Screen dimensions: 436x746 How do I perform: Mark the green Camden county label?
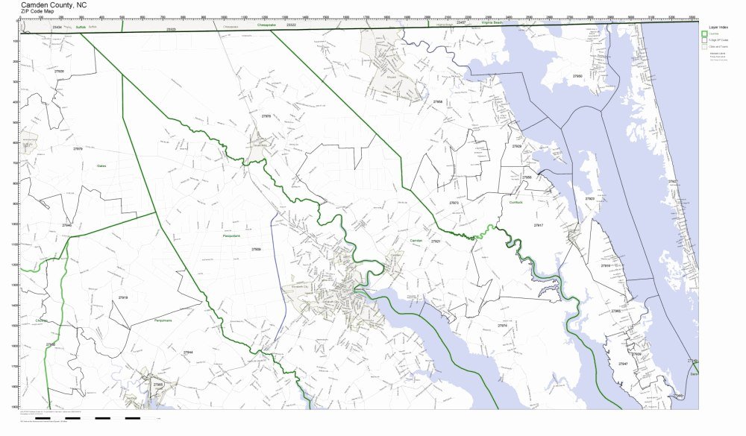coord(416,241)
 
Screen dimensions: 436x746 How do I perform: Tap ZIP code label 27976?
coord(266,116)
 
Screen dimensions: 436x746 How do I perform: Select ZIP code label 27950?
coord(577,76)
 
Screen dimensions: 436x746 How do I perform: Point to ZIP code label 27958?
coord(438,102)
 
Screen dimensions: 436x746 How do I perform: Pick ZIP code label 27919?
coord(123,297)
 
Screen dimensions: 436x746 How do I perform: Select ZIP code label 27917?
coord(539,224)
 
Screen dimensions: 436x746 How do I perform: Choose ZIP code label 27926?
coord(59,72)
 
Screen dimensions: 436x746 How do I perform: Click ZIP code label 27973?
coord(454,203)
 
